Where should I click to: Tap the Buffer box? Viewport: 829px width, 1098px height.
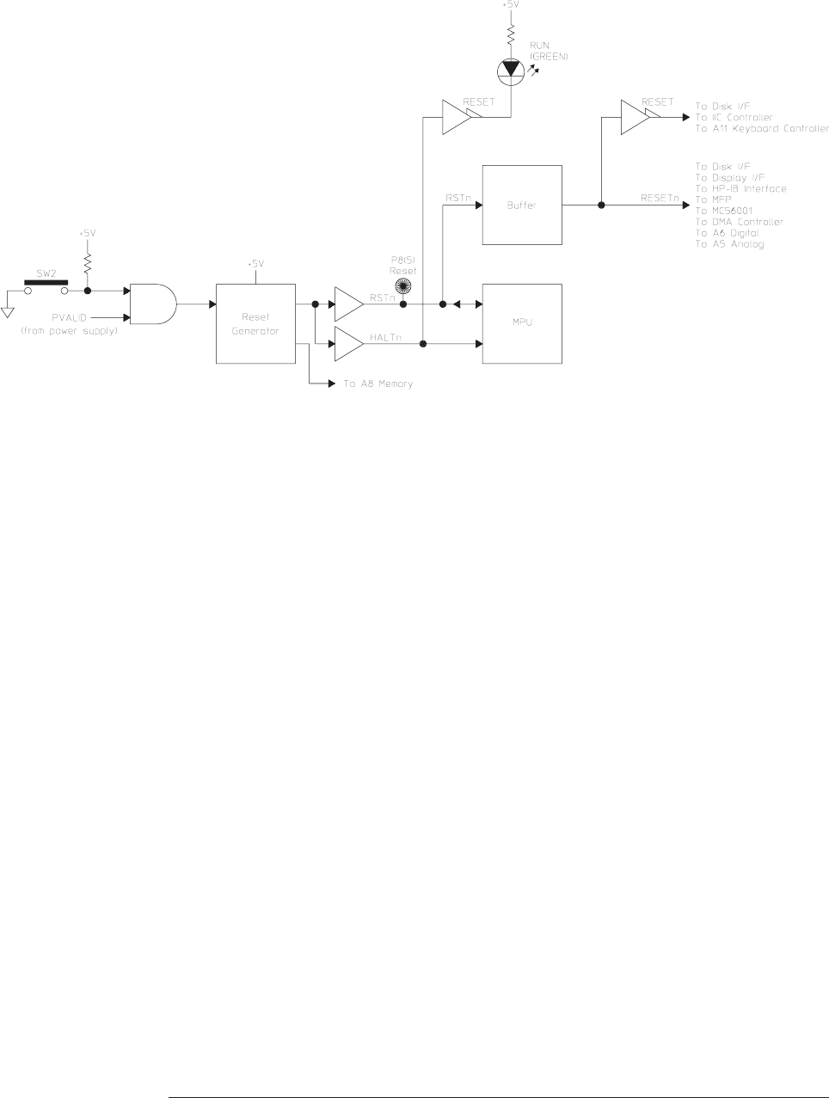pos(523,205)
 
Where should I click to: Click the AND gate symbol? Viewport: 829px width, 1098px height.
pos(151,304)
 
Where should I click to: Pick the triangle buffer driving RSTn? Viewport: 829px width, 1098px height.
pos(347,304)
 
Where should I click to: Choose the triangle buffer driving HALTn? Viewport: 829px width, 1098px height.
pos(347,344)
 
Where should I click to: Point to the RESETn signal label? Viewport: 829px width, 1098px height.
pos(660,198)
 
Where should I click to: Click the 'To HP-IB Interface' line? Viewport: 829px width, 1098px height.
pos(740,188)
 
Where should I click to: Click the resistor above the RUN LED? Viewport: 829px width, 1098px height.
pos(511,34)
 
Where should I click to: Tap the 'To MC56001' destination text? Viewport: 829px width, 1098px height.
pos(727,211)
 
